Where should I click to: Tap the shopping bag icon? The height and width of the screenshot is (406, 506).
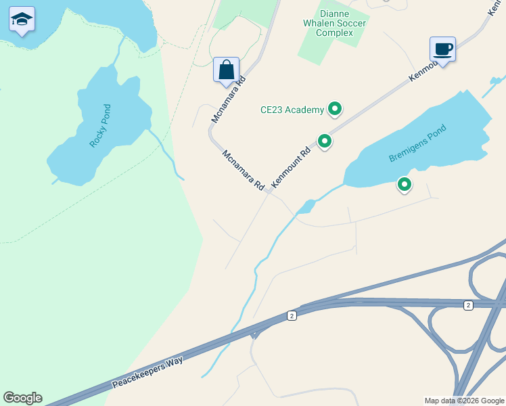[226, 69]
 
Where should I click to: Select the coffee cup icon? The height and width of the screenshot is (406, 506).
[442, 49]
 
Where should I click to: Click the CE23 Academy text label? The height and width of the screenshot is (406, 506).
[292, 110]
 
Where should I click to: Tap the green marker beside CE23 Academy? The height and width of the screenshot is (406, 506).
[334, 108]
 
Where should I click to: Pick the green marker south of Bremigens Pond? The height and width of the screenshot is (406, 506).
[405, 184]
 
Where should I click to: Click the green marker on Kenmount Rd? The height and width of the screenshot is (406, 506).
[325, 141]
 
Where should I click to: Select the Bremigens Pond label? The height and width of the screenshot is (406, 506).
[418, 143]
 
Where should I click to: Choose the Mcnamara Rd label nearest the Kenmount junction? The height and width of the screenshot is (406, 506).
[244, 170]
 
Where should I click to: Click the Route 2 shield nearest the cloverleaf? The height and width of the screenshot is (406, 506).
[468, 306]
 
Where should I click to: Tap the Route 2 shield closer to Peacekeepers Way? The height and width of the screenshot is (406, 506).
[291, 315]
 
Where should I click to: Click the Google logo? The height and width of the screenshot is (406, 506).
[22, 398]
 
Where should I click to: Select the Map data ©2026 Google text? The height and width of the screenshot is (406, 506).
[464, 401]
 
